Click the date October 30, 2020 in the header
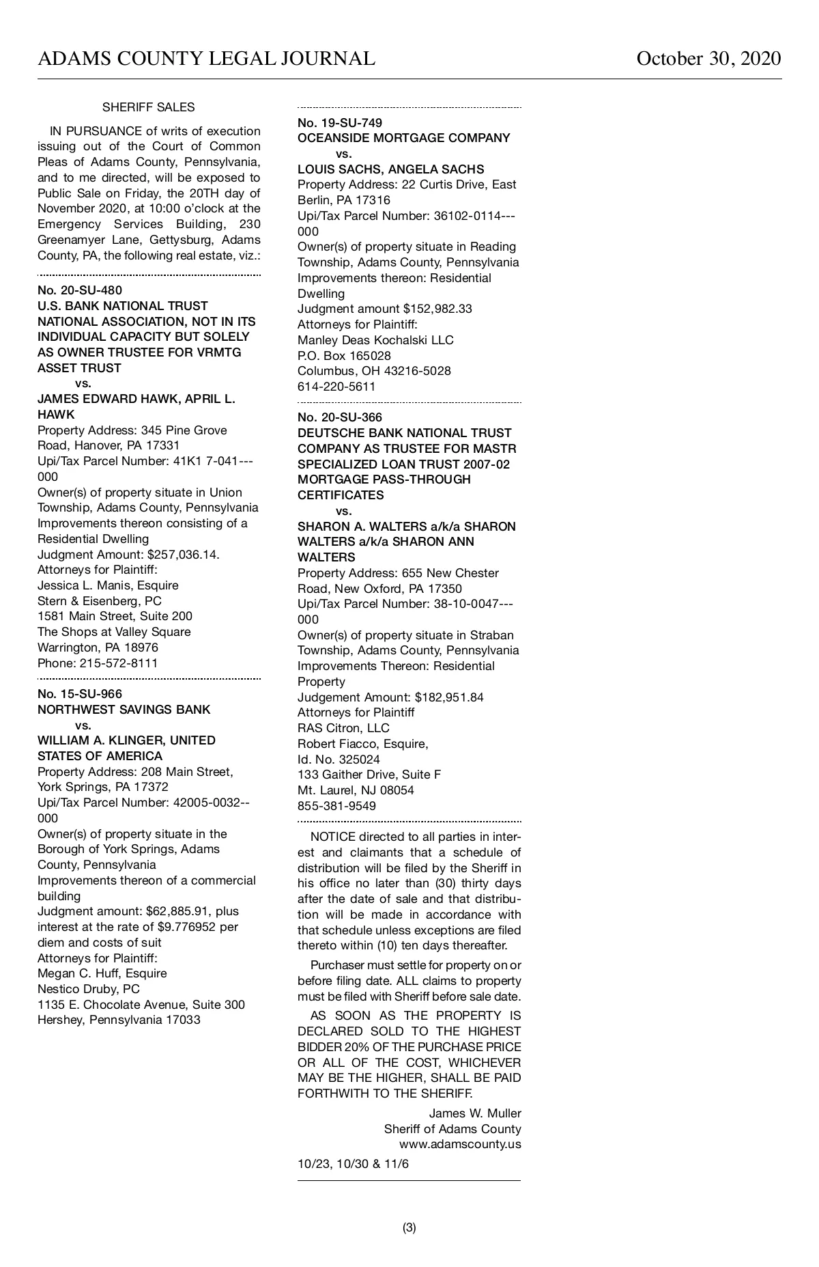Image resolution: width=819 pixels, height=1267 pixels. (x=708, y=59)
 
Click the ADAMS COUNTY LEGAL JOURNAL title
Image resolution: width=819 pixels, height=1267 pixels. (x=206, y=59)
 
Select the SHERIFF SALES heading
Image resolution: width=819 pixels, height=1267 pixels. (x=148, y=107)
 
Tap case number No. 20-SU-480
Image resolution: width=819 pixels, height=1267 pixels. (x=80, y=290)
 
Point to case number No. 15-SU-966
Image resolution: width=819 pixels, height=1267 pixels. (x=80, y=694)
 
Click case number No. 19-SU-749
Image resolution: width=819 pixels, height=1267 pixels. (x=340, y=123)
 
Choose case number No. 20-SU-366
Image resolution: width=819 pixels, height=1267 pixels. (x=340, y=417)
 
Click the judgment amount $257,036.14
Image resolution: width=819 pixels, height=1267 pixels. (x=184, y=555)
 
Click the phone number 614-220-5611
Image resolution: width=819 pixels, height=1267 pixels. (x=336, y=387)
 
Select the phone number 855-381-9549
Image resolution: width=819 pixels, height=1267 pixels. (x=336, y=806)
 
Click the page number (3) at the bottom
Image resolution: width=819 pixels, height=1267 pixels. (x=409, y=1227)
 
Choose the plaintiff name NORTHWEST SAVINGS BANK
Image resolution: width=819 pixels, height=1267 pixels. (x=124, y=710)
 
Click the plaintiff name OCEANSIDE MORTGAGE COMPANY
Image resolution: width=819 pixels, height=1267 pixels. (x=403, y=138)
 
